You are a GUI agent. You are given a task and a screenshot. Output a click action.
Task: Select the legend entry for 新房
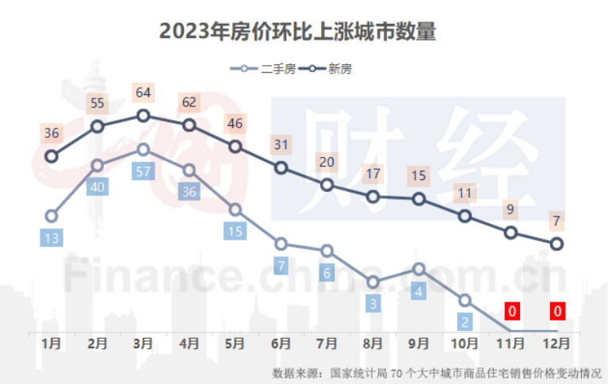[331, 69]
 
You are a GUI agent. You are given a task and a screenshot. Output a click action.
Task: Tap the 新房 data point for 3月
[143, 116]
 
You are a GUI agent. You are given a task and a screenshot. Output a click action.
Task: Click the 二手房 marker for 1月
[52, 216]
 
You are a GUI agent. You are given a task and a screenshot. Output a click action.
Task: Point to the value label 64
[143, 93]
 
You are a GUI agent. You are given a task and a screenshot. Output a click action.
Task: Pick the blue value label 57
[143, 171]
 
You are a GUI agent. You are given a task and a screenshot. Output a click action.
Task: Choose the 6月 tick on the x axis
[281, 344]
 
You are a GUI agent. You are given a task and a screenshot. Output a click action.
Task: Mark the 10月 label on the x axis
[465, 344]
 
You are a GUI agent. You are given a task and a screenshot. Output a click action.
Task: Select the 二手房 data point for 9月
[419, 269]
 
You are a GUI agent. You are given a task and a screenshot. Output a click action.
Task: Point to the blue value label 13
[52, 237]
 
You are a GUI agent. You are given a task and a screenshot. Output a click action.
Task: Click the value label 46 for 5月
[235, 124]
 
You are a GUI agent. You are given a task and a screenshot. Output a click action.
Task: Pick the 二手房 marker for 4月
[189, 170]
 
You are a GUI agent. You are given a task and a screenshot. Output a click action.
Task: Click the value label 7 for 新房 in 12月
[557, 220]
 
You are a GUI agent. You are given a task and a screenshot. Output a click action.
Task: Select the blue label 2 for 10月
[465, 321]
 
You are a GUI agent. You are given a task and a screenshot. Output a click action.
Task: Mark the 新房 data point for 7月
[327, 185]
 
